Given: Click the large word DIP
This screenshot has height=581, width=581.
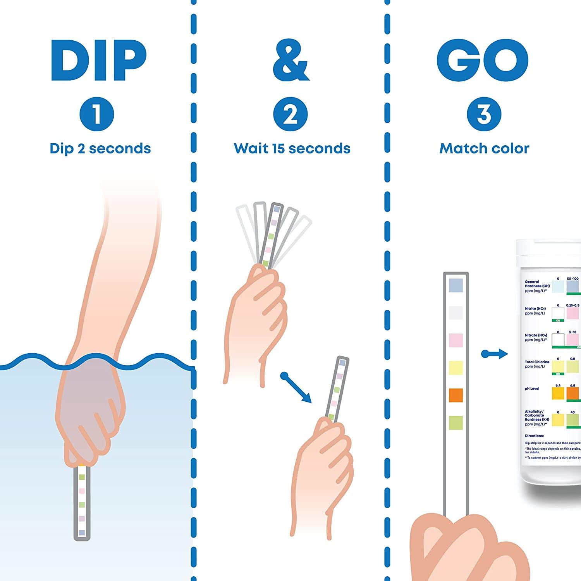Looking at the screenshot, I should (98, 60).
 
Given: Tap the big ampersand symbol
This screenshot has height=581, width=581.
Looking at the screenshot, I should (291, 60).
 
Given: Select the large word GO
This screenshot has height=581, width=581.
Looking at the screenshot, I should (483, 60).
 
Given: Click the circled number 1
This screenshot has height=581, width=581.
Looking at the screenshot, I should (96, 115).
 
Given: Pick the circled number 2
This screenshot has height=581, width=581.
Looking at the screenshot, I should (290, 115).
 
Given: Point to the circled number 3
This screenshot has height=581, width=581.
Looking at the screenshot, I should (484, 115).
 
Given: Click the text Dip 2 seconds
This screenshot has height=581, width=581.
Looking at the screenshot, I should (100, 148).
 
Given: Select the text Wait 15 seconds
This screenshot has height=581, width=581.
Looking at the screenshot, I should (292, 148).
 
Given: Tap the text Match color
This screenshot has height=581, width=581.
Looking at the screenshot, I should (484, 148).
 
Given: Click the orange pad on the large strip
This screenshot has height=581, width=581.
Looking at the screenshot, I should (456, 395).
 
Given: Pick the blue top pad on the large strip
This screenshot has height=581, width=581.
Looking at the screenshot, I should (456, 285).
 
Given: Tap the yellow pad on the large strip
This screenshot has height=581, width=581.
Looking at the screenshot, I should (456, 368).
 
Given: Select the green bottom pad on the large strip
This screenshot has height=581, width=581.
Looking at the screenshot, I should (456, 422).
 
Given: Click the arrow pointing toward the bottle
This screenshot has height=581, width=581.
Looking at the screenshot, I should (495, 354).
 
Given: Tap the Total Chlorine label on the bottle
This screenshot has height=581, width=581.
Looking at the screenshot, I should (536, 364).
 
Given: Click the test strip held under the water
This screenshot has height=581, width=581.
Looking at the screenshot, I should (82, 504).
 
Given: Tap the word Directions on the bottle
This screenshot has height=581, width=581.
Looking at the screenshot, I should (534, 436).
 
